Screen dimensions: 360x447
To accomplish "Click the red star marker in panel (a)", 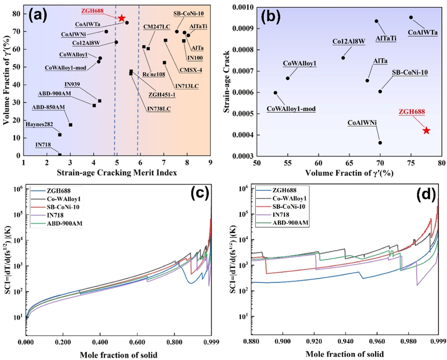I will [x=121, y=18].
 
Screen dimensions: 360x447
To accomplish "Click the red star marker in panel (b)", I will [x=426, y=130].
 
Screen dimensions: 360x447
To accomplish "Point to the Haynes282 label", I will [x=39, y=124].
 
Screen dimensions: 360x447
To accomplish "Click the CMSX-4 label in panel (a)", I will [x=191, y=70].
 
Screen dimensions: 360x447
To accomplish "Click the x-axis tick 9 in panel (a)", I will [x=210, y=162].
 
